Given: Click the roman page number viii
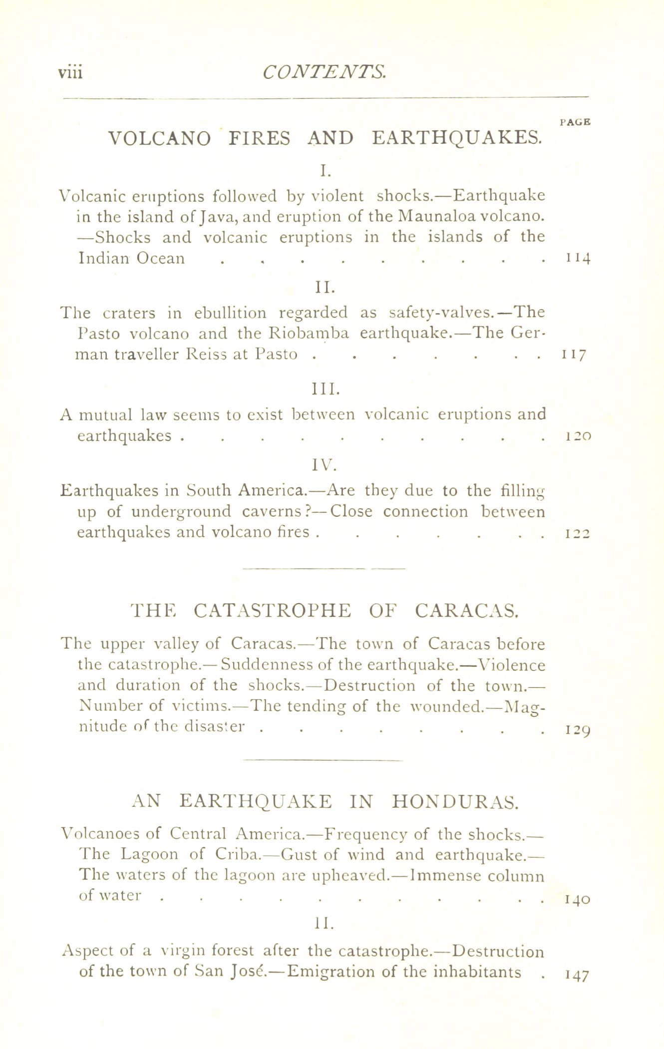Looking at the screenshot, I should pos(70,72).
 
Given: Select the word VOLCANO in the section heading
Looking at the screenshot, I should pos(160,137).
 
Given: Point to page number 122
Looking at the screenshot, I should pos(578,534).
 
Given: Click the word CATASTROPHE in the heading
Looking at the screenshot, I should pos(272,610).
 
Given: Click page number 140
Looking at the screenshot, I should pos(578,900).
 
